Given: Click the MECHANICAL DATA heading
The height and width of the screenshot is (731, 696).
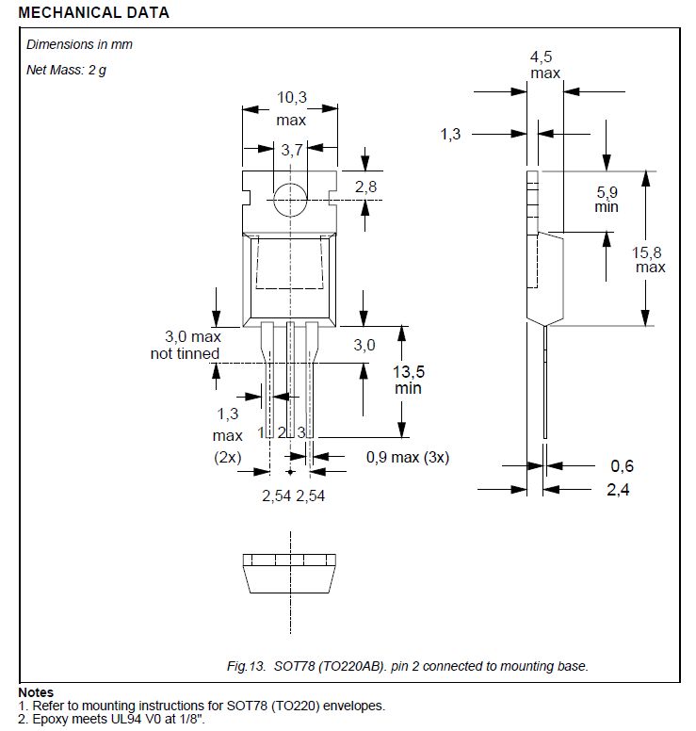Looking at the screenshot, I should tap(94, 13).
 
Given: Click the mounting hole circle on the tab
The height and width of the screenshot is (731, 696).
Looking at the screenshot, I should tap(290, 196).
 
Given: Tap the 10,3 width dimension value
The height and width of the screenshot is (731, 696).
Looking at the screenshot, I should tap(290, 97).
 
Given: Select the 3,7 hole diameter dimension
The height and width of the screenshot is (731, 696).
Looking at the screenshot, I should tap(291, 150).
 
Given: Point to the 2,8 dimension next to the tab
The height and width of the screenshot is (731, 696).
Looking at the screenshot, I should tap(365, 187).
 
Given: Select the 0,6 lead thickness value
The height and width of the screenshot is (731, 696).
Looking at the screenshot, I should tap(622, 465).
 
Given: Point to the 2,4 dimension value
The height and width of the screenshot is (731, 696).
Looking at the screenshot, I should tap(619, 489).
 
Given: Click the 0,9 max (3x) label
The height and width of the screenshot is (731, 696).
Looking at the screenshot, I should tap(407, 458).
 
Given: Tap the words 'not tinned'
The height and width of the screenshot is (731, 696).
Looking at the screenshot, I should tap(185, 353).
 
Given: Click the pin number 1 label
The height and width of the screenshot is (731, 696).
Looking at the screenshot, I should tap(261, 433).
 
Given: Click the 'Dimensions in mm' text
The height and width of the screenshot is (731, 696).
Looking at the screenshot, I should tap(80, 44).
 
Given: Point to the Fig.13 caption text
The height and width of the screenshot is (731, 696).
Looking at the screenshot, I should tap(408, 666).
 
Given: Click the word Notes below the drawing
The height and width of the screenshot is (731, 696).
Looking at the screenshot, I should tap(36, 692).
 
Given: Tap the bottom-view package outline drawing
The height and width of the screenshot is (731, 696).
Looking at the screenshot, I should tap(290, 575).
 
